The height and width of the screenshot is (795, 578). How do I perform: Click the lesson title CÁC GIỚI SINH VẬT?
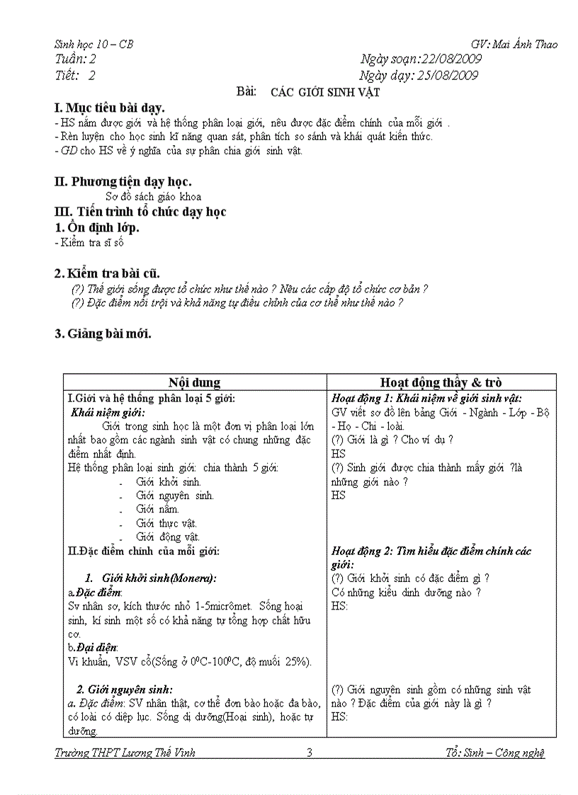325,92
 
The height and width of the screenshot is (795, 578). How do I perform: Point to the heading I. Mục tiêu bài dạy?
109,108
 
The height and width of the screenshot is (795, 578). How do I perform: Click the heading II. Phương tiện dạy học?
123,181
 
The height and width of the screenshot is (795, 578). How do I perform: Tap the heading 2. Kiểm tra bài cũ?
107,273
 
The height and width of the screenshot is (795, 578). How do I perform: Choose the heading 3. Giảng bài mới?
103,333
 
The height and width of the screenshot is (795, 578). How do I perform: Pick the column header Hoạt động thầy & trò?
441,382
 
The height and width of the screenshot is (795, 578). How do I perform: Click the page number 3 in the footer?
310,753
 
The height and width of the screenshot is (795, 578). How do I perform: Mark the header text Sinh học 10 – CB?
93,45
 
